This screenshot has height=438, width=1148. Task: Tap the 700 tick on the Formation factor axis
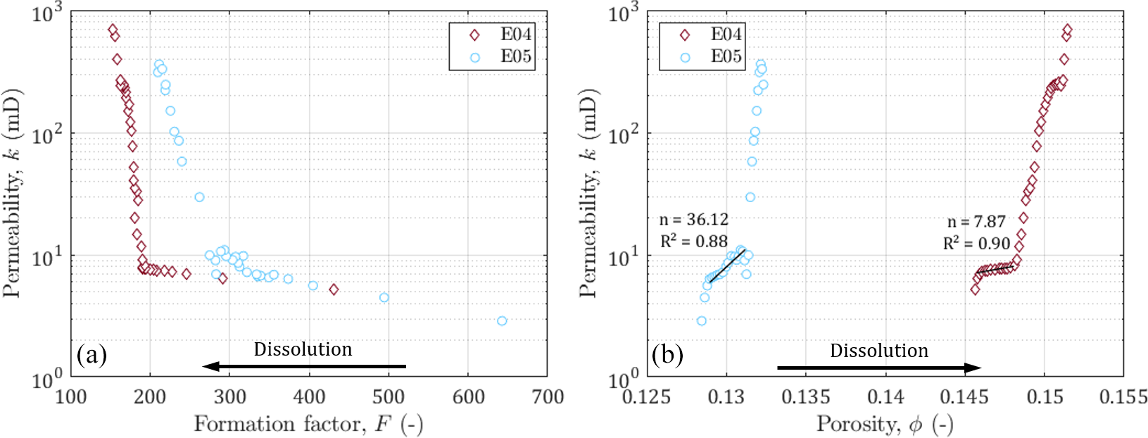[548, 397]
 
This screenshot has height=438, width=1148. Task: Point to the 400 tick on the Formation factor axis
[309, 397]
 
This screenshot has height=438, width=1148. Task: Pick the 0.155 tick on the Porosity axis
[1123, 397]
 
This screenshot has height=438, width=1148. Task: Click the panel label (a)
[92, 354]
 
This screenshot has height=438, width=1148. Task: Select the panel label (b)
[667, 354]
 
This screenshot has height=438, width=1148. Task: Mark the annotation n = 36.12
[693, 220]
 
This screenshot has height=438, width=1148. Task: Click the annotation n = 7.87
[976, 222]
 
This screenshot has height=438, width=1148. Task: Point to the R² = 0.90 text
[976, 244]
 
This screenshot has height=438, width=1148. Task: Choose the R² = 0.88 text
[693, 242]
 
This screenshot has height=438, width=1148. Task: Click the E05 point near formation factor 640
[502, 321]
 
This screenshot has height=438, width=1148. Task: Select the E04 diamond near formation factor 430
[334, 289]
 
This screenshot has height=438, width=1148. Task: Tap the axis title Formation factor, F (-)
[308, 424]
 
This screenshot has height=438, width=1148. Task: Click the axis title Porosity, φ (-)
[885, 424]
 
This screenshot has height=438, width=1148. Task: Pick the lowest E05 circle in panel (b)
[701, 321]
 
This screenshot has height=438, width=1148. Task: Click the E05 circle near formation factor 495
[384, 298]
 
